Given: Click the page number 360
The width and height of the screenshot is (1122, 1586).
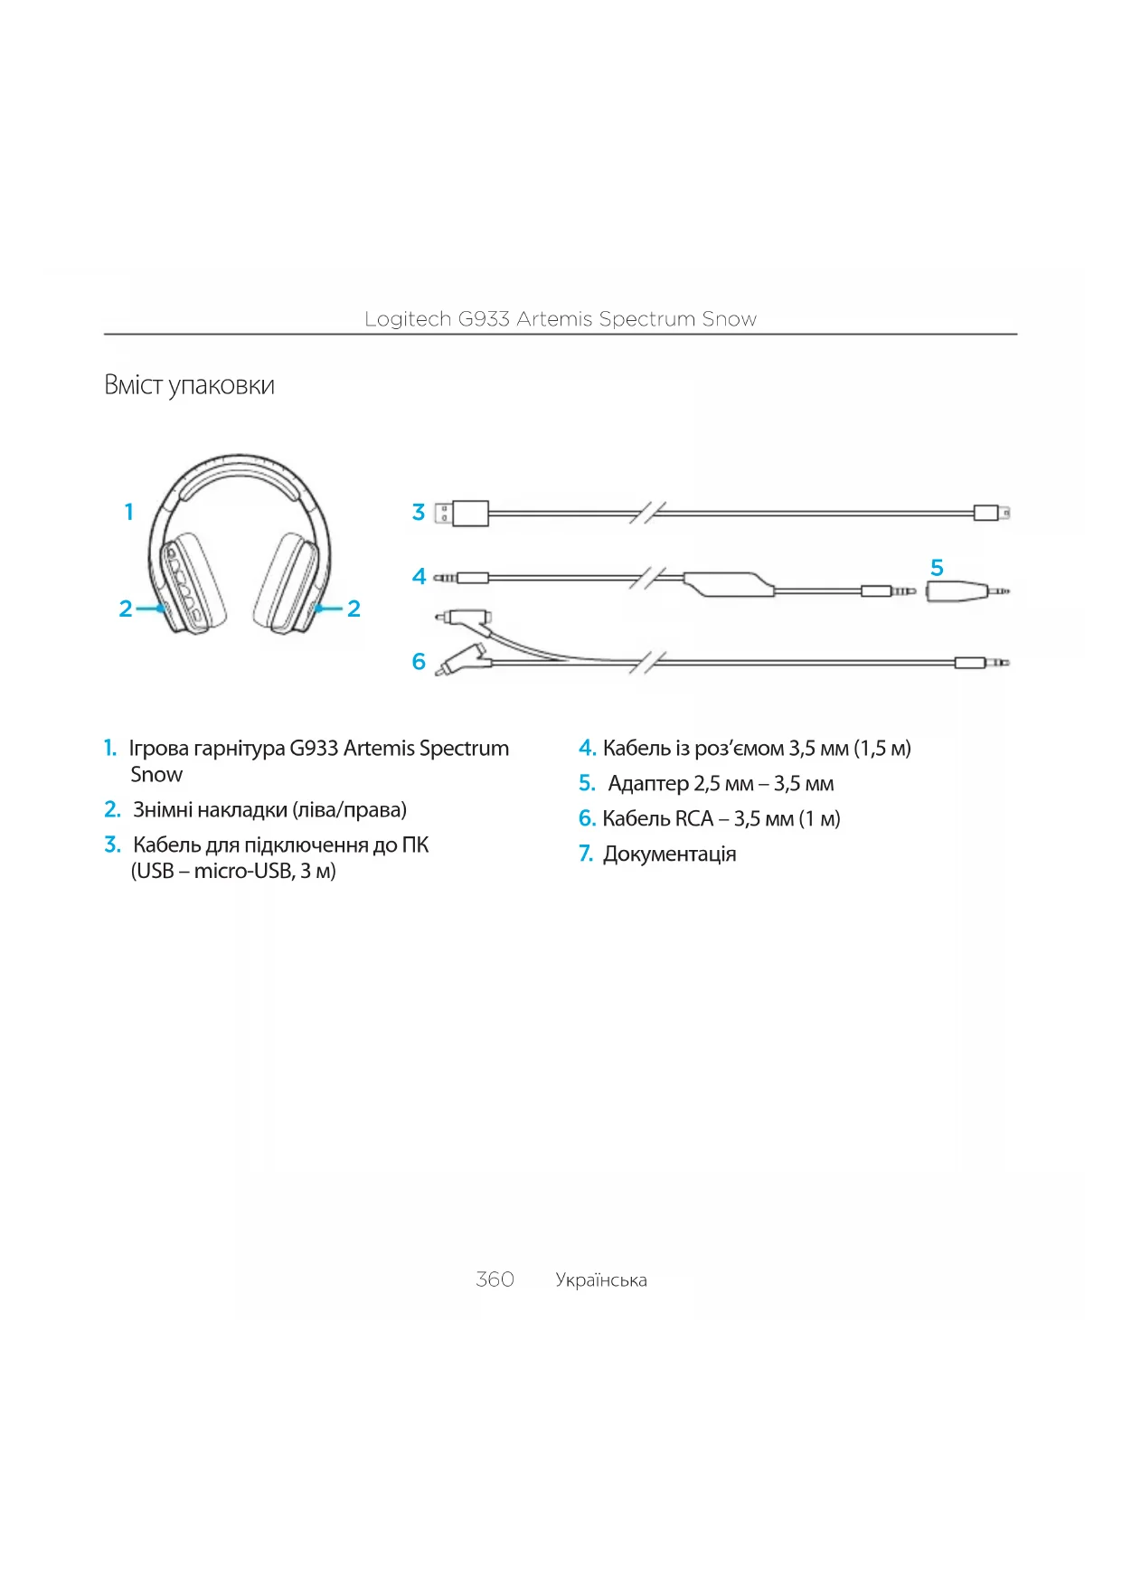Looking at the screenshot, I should pos(495,1279).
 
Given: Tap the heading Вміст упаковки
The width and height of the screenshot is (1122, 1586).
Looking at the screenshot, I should pos(189,385).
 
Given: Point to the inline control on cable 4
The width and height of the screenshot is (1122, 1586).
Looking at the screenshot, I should pos(729,584).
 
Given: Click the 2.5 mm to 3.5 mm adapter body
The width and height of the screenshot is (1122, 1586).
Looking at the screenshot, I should pos(957,592).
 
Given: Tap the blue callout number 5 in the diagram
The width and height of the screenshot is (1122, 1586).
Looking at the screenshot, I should pos(937,568).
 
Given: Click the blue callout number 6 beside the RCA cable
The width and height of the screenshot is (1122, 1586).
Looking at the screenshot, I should pos(419,661).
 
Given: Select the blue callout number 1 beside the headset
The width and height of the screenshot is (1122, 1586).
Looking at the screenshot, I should pos(129,512).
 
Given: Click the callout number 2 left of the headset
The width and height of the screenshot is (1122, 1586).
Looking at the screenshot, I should pos(126,609).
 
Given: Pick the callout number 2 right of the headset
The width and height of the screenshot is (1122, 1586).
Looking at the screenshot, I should pos(354,609).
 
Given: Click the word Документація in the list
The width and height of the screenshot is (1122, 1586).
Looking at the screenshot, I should pos(669,854).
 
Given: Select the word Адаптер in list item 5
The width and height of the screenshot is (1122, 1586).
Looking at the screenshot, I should pos(647,783).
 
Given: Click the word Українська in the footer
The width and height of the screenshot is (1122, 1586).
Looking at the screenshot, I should pos(601,1279).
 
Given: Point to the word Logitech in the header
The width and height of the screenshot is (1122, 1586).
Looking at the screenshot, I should pos(407,319).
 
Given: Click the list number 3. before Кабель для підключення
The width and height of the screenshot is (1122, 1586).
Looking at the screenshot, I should pos(112,845).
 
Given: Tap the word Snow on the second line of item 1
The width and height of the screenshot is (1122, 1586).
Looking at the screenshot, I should pos(156,775).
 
